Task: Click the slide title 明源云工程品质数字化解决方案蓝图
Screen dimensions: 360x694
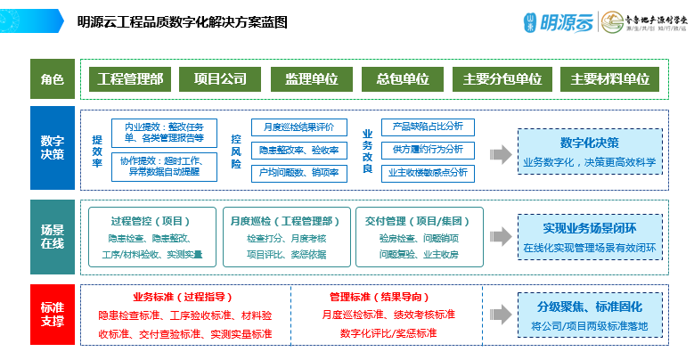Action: (182, 22)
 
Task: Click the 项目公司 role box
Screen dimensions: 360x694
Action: (220, 79)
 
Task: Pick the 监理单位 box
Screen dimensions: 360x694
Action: (311, 79)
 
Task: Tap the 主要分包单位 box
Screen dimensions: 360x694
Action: (502, 79)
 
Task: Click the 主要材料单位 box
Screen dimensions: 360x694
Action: (609, 79)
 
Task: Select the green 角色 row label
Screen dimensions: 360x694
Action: (53, 79)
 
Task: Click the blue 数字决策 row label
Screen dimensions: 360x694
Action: (53, 149)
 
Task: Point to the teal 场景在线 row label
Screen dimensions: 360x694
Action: (53, 237)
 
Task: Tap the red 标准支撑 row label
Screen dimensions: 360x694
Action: (53, 315)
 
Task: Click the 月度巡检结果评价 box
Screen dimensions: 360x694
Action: (298, 127)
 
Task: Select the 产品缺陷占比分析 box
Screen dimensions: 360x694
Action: (429, 127)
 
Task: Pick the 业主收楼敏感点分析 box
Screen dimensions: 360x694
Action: (429, 172)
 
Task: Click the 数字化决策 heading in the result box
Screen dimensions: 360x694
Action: (590, 143)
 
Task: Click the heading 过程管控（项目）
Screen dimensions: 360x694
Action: (151, 220)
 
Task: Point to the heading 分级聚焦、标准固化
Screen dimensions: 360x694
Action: (590, 307)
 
